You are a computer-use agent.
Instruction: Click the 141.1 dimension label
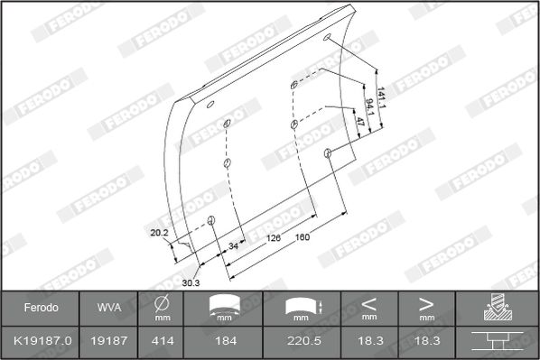tap(382, 97)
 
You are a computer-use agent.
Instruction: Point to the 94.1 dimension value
tap(370, 107)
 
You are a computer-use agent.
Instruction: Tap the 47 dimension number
tap(360, 122)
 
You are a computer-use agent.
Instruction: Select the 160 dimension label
tap(303, 236)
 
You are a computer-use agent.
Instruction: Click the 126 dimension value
tap(274, 237)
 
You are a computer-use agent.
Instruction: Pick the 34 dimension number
tap(233, 246)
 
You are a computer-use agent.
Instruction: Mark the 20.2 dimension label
tap(159, 233)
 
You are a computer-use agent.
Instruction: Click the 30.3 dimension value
tap(191, 283)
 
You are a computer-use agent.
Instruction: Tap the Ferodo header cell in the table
tap(41, 308)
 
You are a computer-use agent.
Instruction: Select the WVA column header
tap(109, 308)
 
